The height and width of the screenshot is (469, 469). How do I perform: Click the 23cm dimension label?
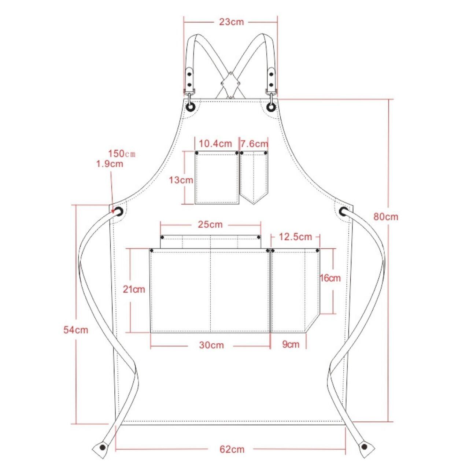point(231,22)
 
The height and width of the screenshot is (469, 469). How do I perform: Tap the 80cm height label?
point(386,217)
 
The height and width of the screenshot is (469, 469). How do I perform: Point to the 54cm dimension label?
point(76,330)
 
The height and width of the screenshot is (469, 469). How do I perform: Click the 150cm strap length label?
point(122,154)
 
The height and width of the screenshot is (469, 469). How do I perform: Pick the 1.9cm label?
point(110,163)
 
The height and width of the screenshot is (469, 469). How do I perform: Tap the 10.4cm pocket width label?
point(216,144)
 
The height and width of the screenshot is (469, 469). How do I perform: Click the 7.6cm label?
point(255,144)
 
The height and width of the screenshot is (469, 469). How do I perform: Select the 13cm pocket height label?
point(181,180)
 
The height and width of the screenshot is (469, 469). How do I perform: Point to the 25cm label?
point(210,224)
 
